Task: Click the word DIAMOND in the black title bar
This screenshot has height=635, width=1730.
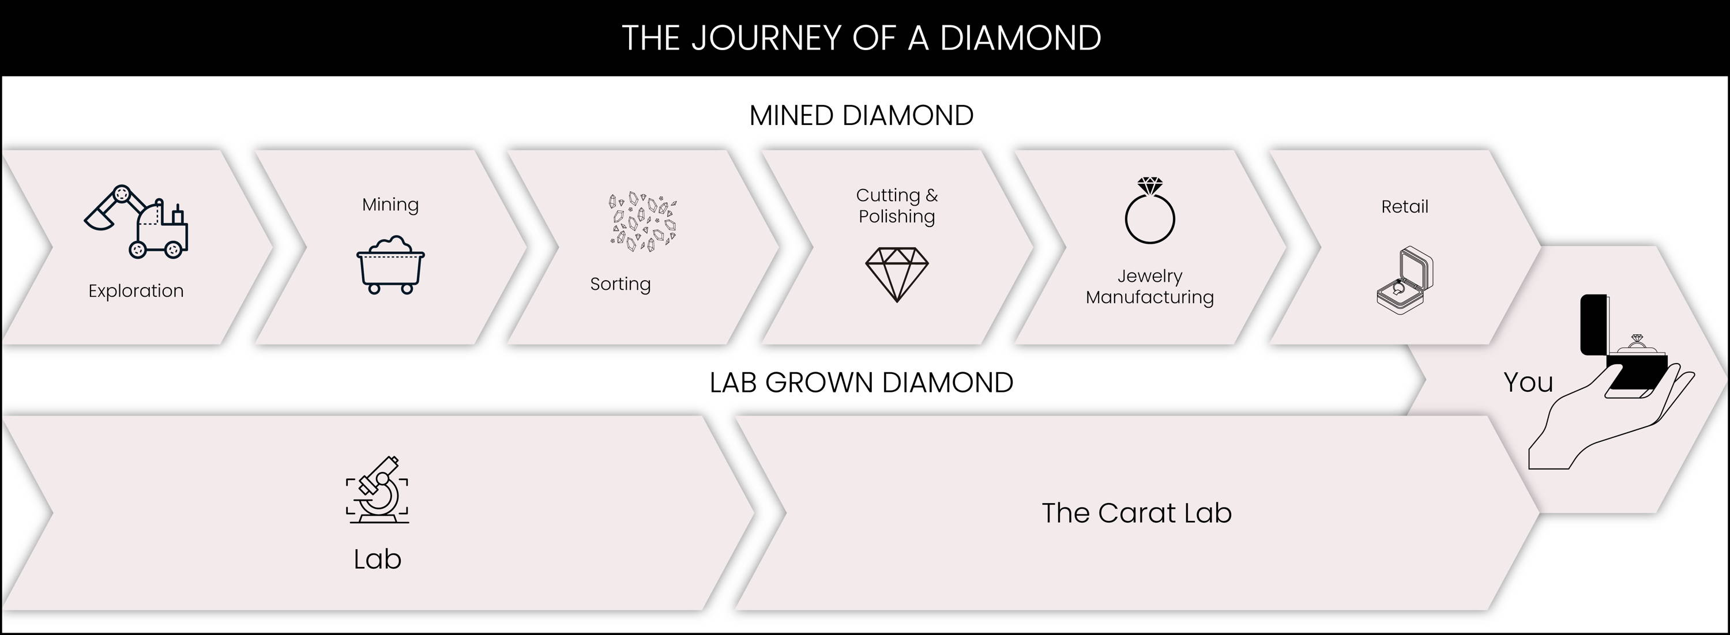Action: [1020, 37]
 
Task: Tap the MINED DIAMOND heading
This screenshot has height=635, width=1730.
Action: [861, 115]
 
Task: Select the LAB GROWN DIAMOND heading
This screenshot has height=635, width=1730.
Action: [861, 383]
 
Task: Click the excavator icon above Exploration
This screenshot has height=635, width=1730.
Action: [136, 221]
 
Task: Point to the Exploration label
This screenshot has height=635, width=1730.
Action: [136, 290]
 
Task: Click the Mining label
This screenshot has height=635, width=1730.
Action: [390, 205]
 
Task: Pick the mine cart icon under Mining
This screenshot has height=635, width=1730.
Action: [390, 264]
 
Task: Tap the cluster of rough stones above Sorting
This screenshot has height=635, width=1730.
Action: [643, 221]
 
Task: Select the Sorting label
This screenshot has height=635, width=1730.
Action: [620, 284]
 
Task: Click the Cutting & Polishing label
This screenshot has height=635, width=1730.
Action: [897, 205]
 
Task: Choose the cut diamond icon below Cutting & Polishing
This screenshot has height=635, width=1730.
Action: [897, 274]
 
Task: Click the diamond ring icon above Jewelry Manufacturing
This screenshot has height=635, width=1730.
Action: [1150, 210]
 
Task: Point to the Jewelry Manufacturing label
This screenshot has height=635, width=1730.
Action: [1150, 286]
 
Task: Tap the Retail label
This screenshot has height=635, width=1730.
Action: [1404, 207]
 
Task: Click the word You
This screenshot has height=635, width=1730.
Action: [1528, 383]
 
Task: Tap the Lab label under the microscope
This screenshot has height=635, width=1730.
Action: [378, 559]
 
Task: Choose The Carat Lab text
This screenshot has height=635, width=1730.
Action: [1136, 513]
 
